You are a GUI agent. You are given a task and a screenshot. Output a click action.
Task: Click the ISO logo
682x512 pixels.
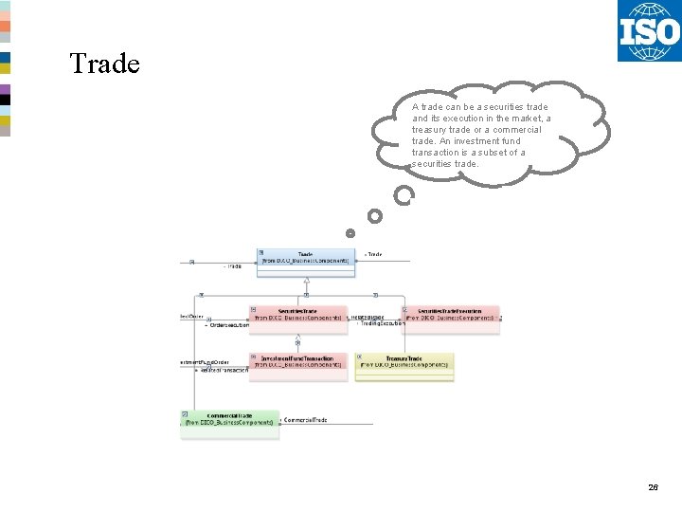tap(649, 31)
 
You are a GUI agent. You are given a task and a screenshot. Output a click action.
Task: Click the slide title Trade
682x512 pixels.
tap(104, 64)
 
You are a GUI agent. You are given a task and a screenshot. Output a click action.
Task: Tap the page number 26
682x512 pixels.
tap(653, 487)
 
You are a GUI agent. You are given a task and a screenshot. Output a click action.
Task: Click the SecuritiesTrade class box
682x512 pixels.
tap(297, 314)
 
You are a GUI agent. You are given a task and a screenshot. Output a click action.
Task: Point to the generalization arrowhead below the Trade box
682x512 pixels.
tap(306, 282)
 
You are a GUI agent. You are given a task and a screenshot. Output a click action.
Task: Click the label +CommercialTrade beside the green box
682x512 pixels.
tap(305, 419)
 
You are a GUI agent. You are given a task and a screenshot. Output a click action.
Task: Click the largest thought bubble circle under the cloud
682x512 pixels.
tap(404, 196)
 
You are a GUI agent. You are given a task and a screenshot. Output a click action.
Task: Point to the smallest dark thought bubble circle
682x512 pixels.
tap(350, 232)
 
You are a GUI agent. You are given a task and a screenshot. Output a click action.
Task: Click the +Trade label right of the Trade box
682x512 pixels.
tap(373, 254)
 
